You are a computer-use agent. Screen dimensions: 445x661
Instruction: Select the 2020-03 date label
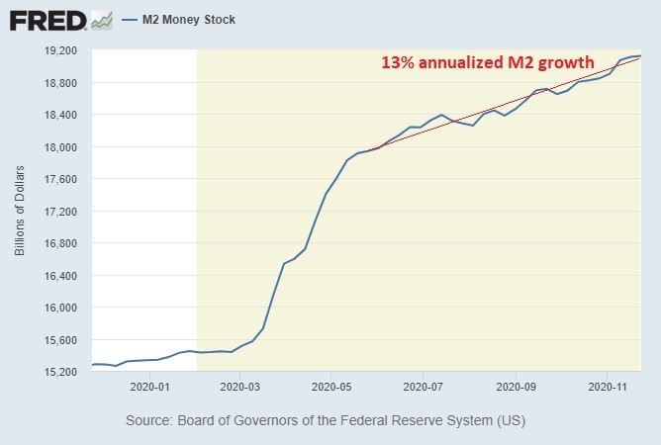click(x=240, y=388)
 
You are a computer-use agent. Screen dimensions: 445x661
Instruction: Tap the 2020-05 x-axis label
click(x=331, y=388)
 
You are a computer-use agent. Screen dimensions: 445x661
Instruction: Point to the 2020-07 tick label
click(x=423, y=388)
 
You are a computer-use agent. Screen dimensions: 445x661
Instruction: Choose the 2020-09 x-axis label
click(x=515, y=388)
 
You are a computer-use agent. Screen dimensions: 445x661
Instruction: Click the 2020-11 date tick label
click(x=606, y=388)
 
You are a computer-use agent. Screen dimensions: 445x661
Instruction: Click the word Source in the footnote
click(x=149, y=421)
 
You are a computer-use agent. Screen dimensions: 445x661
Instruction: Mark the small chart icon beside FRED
click(x=101, y=20)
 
